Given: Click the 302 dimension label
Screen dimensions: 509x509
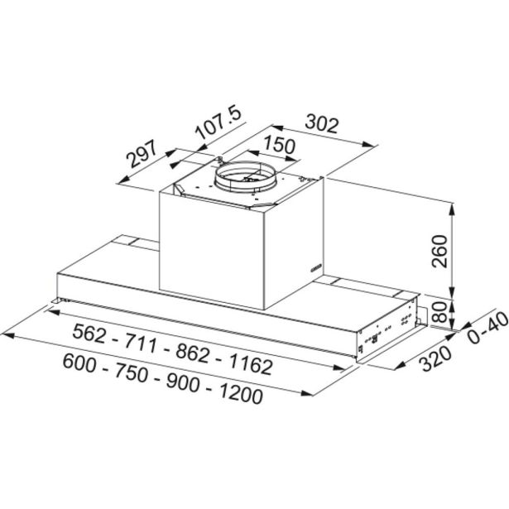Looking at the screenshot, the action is (322, 123).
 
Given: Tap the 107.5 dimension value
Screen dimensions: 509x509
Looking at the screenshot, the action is (218, 122).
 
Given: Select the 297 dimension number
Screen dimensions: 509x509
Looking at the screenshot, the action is (142, 154).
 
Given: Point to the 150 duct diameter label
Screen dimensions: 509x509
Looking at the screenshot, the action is (280, 146).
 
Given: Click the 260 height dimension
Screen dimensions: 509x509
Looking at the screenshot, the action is (440, 252).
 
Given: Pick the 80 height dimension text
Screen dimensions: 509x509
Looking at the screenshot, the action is (440, 312).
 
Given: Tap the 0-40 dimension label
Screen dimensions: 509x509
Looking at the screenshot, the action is (487, 327).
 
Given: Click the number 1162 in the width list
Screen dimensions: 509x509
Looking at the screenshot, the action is (251, 364).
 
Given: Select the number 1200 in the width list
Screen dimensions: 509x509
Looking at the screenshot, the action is (241, 393).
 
